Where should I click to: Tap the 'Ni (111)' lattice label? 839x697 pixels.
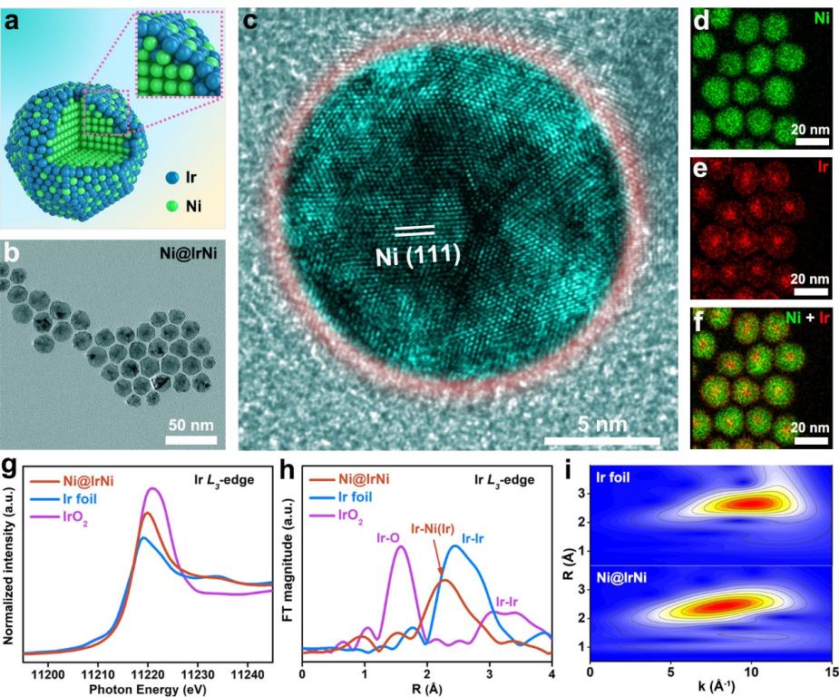(x=418, y=256)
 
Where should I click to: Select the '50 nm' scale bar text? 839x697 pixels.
(x=190, y=424)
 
